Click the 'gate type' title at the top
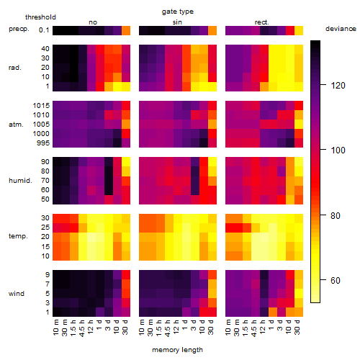pos(178,12)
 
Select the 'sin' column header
pos(177,22)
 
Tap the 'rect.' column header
pos(261,22)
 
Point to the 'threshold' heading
pos(40,17)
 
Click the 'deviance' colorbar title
pos(341,29)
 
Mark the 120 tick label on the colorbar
pos(338,86)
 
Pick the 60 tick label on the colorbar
pos(336,280)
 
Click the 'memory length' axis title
pos(177,350)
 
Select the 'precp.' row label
pos(19,29)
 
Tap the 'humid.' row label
pos(20,181)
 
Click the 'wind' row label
pos(17,294)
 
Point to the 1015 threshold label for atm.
pos(41,106)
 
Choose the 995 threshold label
pos(43,143)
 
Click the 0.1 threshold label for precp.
pos(44,30)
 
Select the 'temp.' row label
pos(18,236)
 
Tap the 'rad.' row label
pos(15,68)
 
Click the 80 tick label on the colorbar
pos(336,216)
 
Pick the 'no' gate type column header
pos(93,22)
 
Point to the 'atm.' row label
pos(16,125)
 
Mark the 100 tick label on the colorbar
pos(338,150)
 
